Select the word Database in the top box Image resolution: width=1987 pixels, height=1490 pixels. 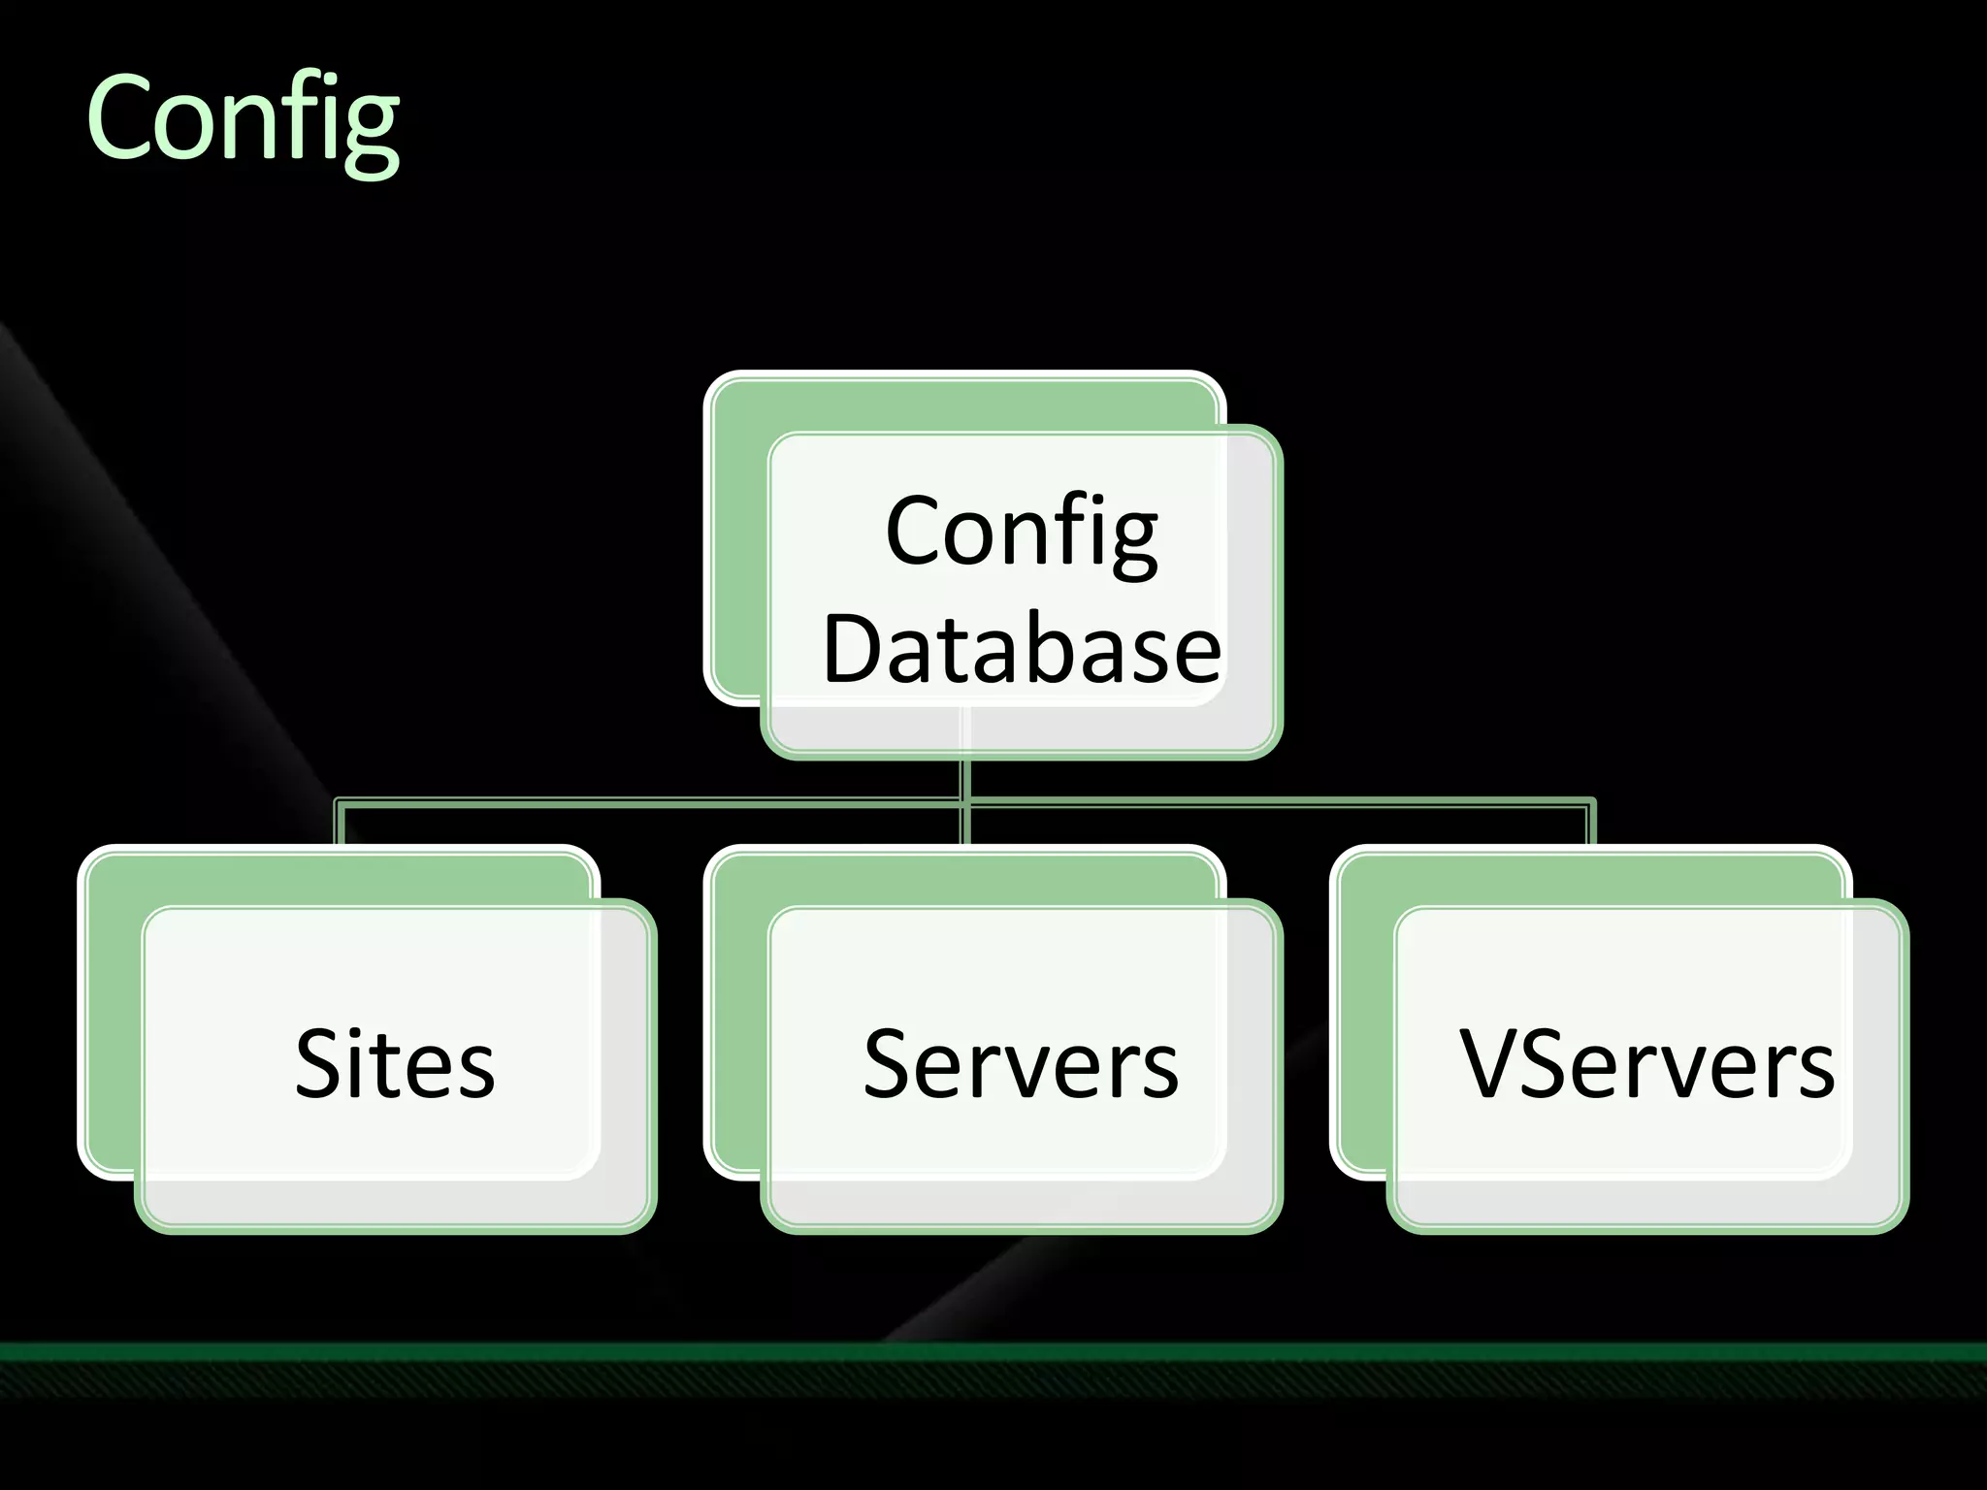[x=1021, y=649]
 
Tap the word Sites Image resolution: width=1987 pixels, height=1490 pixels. [x=395, y=1064]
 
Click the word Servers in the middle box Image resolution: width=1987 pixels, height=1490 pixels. [x=1021, y=1064]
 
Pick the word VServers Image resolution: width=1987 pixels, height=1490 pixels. [x=1646, y=1064]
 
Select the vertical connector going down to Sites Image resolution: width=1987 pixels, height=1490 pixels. [x=340, y=825]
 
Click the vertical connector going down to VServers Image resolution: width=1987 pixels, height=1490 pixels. [x=1591, y=825]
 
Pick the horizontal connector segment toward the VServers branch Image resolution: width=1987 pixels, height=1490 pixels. [x=1281, y=802]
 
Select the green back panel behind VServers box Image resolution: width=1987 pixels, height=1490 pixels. [x=1364, y=1019]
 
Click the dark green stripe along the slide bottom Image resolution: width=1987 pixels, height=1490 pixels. [x=993, y=1351]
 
